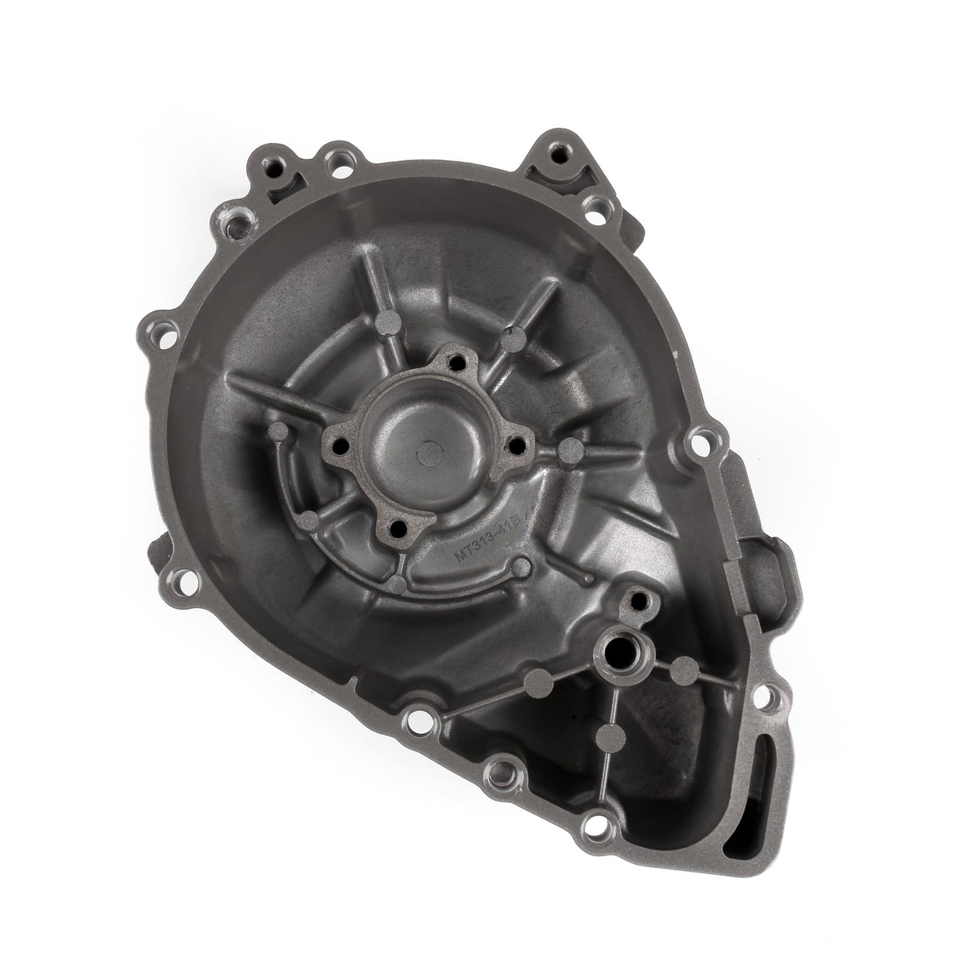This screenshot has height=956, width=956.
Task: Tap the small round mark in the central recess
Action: coord(429,452)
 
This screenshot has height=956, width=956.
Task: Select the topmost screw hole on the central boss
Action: coord(458,361)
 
